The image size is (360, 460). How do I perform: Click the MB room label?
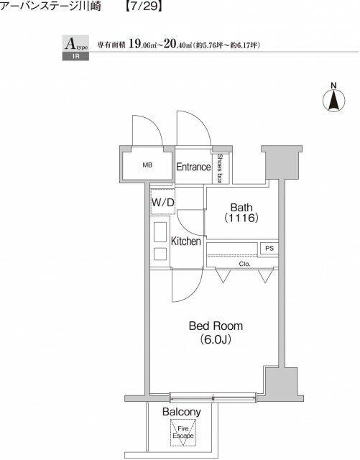pyautogui.click(x=147, y=165)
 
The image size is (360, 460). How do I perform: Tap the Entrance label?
pyautogui.click(x=193, y=167)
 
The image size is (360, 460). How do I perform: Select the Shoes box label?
pyautogui.click(x=219, y=168)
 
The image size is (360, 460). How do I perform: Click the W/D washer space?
pyautogui.click(x=163, y=202)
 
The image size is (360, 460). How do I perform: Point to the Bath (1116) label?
pyautogui.click(x=241, y=213)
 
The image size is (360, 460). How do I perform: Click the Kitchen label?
pyautogui.click(x=185, y=241)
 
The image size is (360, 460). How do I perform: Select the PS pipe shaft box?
pyautogui.click(x=269, y=248)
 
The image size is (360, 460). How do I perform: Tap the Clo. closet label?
pyautogui.click(x=244, y=264)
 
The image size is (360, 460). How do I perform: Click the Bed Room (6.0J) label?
pyautogui.click(x=216, y=332)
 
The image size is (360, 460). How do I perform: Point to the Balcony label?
pyautogui.click(x=182, y=412)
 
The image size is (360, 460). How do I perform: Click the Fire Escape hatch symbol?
pyautogui.click(x=183, y=433)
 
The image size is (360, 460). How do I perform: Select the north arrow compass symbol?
pyautogui.click(x=333, y=99)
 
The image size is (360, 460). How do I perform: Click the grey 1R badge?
pyautogui.click(x=75, y=56)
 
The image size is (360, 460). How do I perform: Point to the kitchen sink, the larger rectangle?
pyautogui.click(x=160, y=232)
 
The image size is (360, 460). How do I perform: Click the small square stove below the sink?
pyautogui.click(x=160, y=254)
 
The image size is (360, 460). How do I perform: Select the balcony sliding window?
pyautogui.click(x=213, y=397)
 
